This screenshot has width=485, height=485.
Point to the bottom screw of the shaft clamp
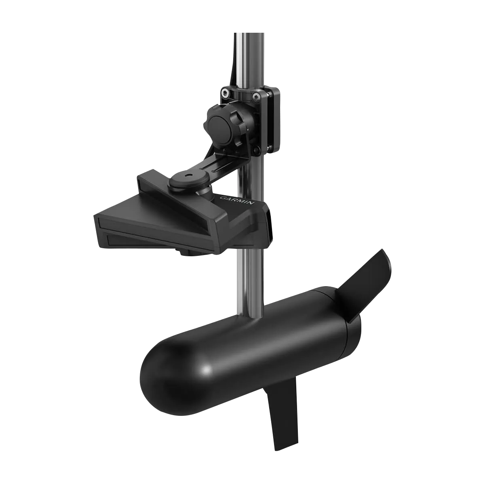pos(255,151)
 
